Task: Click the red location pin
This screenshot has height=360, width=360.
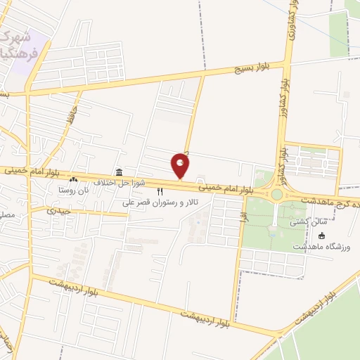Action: tap(181, 166)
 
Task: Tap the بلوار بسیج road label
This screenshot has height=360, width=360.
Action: tap(256, 66)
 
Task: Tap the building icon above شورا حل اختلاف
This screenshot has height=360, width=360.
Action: tap(120, 172)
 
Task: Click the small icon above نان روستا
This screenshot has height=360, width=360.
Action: tap(73, 181)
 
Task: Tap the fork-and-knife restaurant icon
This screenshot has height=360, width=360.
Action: tap(160, 191)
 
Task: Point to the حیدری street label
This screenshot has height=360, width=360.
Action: tap(60, 210)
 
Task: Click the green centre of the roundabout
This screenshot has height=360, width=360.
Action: tap(276, 194)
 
